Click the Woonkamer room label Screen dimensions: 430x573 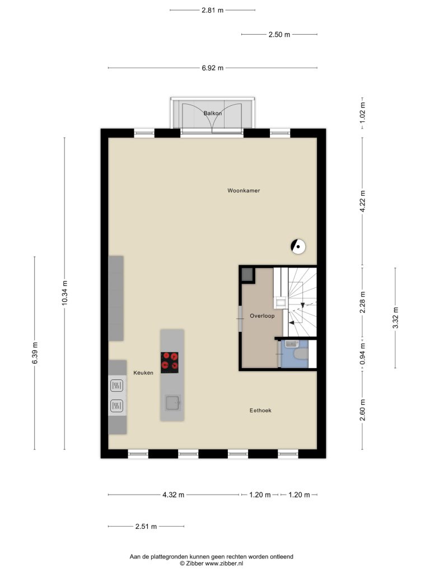click(244, 190)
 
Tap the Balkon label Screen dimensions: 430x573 click(213, 113)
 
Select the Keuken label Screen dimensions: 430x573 click(143, 373)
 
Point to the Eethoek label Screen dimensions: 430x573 click(260, 410)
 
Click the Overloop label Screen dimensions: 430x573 click(262, 316)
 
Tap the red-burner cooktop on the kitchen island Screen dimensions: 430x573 click(170, 363)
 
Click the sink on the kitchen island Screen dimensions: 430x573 click(172, 403)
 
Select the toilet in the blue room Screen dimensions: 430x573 click(301, 354)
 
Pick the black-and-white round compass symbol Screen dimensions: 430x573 click(298, 247)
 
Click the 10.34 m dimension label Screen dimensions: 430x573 click(65, 293)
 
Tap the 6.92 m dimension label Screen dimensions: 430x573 click(212, 68)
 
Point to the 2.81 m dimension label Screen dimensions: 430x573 click(212, 10)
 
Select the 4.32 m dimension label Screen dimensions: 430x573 click(174, 495)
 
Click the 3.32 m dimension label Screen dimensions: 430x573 click(395, 318)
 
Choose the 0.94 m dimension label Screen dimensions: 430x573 click(362, 354)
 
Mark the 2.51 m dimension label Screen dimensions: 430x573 click(146, 527)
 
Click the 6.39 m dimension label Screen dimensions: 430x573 click(35, 353)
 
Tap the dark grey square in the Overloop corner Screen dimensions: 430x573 click(247, 274)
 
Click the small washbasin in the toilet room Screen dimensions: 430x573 click(292, 344)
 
